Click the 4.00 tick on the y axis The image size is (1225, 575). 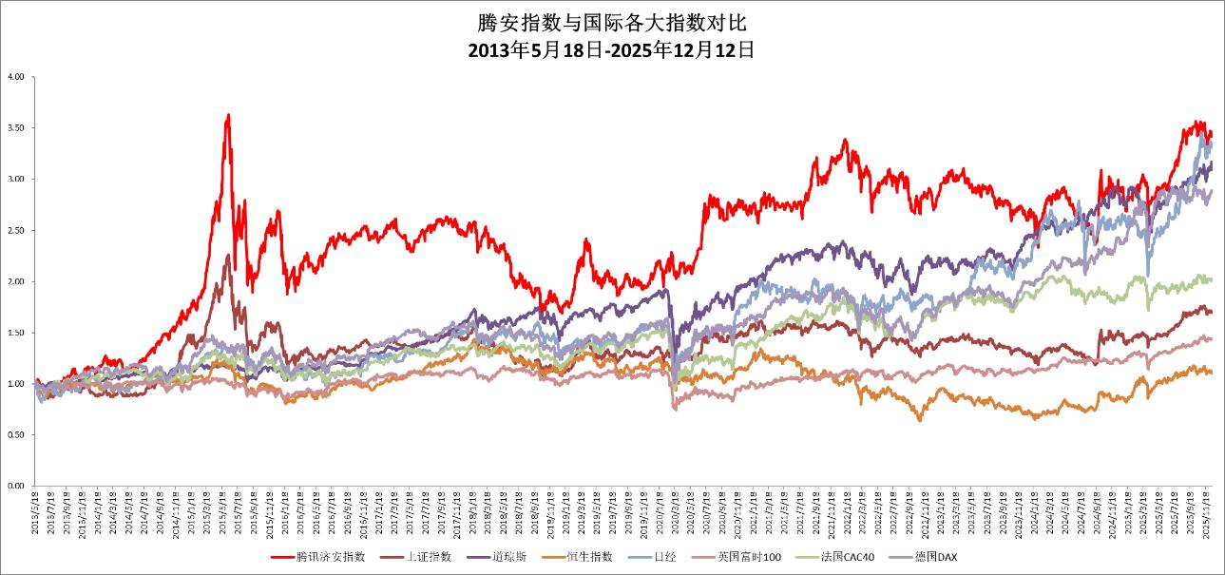[x=15, y=76]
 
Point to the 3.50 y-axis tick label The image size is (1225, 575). [x=15, y=127]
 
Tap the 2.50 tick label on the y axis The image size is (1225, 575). [x=15, y=230]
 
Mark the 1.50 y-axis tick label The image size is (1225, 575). [x=15, y=333]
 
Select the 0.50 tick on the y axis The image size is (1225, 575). [x=15, y=434]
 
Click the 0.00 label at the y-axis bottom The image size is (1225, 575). [x=15, y=486]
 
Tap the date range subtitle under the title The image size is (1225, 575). [x=612, y=50]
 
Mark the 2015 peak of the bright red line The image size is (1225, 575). [x=228, y=115]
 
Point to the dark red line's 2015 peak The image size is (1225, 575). [x=228, y=254]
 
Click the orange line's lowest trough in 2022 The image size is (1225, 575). [x=919, y=420]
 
